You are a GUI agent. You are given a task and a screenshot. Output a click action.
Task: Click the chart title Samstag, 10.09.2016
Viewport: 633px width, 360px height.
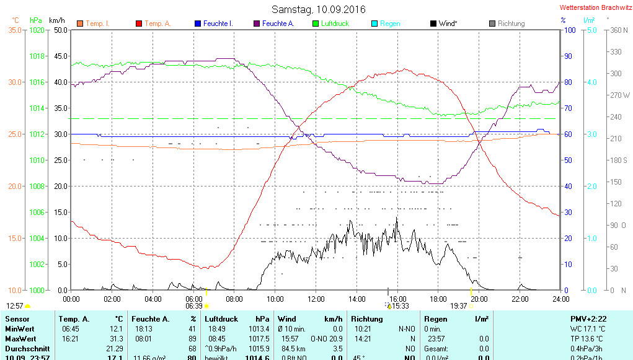(x=319, y=9)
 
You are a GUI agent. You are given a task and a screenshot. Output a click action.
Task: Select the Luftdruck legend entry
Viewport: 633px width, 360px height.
(x=335, y=24)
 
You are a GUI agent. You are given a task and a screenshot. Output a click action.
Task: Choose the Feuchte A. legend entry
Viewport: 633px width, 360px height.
(x=278, y=24)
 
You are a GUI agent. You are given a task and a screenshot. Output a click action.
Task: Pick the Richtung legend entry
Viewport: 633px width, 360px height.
(x=511, y=24)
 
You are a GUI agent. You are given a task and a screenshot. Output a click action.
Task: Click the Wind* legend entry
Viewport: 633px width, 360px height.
(x=448, y=24)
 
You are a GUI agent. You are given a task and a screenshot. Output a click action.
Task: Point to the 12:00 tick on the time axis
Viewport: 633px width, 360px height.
(x=316, y=299)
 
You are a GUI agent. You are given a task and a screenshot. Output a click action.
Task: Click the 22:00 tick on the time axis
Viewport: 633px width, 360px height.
(x=520, y=299)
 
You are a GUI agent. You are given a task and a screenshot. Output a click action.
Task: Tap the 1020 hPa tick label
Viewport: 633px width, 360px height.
(x=37, y=30)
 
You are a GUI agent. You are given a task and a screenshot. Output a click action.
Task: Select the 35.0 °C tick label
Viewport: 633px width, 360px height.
(x=15, y=30)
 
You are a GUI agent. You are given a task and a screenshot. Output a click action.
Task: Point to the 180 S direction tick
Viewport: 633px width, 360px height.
(x=619, y=160)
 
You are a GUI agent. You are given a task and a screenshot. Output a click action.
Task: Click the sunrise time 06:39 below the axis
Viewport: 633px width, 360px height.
(x=194, y=305)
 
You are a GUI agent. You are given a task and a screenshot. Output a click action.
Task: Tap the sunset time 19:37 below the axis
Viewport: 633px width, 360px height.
(x=459, y=305)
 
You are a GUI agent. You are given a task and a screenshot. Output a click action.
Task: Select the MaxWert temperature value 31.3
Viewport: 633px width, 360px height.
(x=116, y=339)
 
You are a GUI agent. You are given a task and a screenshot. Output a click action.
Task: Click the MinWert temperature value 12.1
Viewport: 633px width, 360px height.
(x=116, y=329)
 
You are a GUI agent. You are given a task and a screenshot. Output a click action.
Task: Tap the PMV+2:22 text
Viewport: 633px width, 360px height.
(x=588, y=318)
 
